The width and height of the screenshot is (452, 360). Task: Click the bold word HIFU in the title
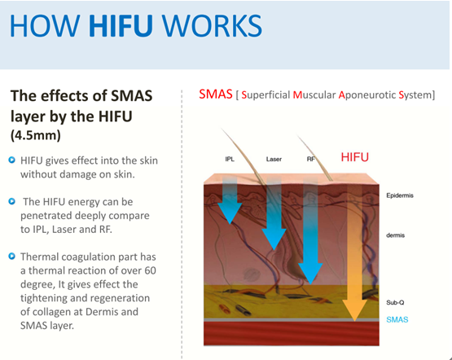(x=121, y=25)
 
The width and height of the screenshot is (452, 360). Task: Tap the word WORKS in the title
(x=212, y=25)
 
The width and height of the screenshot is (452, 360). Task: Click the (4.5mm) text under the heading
(x=36, y=135)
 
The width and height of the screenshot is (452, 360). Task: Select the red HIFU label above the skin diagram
(x=355, y=157)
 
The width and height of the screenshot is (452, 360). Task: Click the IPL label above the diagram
(x=230, y=159)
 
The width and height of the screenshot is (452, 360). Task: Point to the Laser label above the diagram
(x=274, y=159)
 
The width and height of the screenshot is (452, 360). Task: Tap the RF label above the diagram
(x=311, y=159)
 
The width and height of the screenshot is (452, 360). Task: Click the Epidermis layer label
(x=400, y=195)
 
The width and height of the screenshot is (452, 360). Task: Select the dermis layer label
(x=396, y=235)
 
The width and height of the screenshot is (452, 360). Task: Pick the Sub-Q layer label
(x=395, y=302)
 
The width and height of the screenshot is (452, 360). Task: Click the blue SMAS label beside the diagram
(x=397, y=319)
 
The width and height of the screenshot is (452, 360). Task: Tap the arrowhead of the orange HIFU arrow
(x=355, y=310)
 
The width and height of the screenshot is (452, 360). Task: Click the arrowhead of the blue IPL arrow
(x=230, y=213)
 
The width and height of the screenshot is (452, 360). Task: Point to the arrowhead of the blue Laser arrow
(x=274, y=239)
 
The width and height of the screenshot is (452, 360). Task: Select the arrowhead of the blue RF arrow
(x=310, y=273)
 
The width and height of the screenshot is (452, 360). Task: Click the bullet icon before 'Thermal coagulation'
(x=12, y=256)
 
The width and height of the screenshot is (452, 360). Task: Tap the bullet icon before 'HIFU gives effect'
(x=12, y=160)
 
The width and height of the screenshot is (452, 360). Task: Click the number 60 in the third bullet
(x=150, y=270)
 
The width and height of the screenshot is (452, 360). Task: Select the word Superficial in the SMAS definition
(x=265, y=94)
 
